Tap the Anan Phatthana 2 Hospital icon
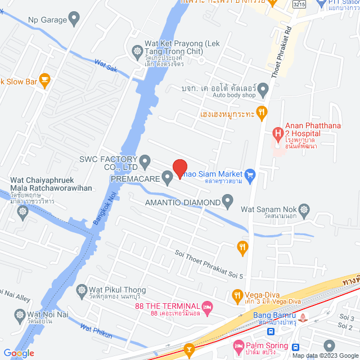[x=277, y=134]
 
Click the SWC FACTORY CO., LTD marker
[x=145, y=163]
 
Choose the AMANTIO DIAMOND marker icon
[x=227, y=200]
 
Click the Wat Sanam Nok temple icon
[x=304, y=210]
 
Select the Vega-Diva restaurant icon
[x=237, y=295]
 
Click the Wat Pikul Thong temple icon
[x=80, y=289]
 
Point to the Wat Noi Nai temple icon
[x=21, y=314]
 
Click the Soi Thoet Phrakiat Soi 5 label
[x=209, y=264]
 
